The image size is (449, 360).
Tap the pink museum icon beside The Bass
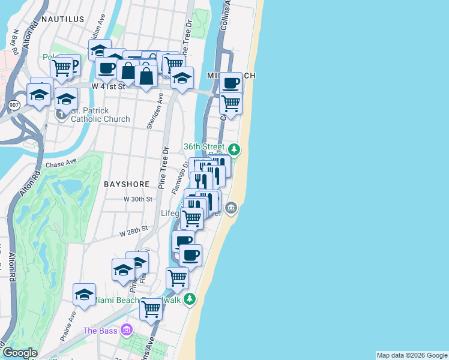coord(126,330)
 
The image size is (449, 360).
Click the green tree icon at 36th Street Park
coord(235,149)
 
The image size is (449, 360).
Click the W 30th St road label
coord(135,199)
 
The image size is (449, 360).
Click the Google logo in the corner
coord(20,353)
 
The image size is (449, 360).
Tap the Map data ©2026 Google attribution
coord(412,355)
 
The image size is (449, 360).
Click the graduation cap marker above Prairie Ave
coord(85,295)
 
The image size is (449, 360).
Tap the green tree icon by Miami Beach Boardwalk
coord(190,298)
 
